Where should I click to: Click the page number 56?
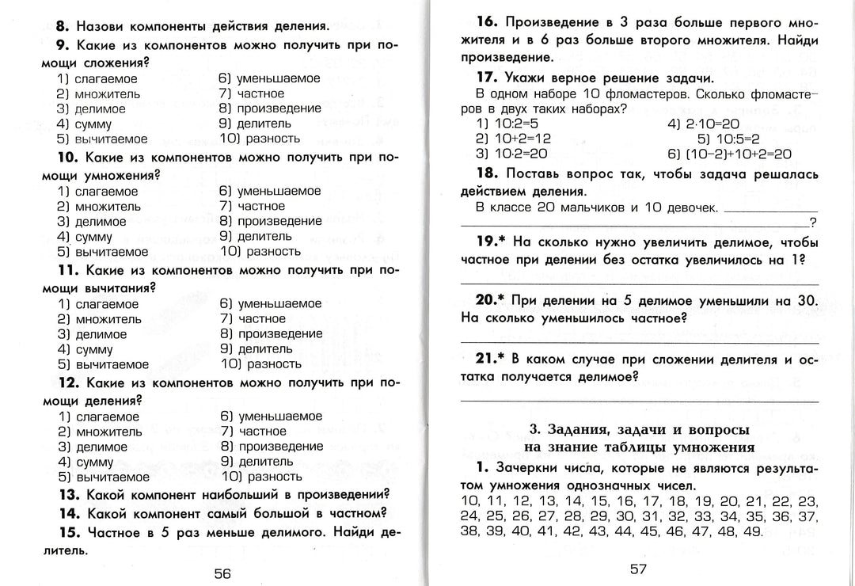pyautogui.click(x=222, y=573)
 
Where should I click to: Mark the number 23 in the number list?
pyautogui.click(x=807, y=501)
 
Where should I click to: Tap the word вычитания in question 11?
pyautogui.click(x=119, y=287)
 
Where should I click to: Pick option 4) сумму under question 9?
pyautogui.click(x=85, y=124)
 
